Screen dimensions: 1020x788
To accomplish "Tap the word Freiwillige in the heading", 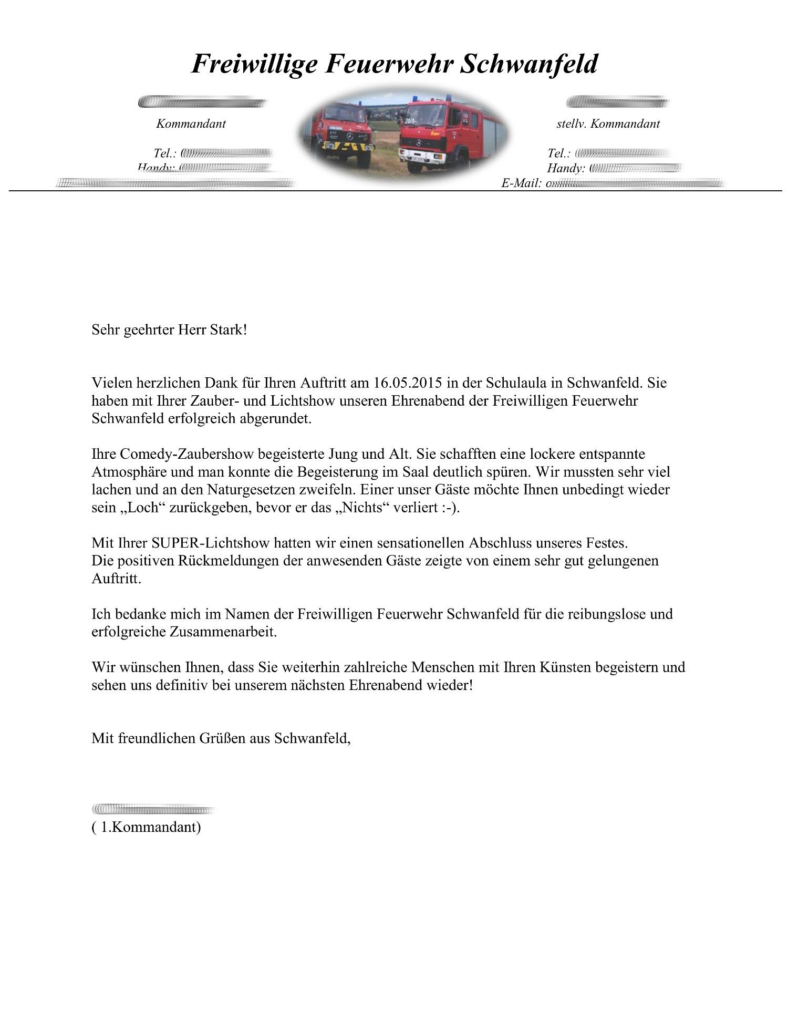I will tap(254, 64).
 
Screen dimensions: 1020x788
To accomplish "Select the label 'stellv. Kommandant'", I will tap(608, 124).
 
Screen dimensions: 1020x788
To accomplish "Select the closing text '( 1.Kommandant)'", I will tap(146, 827).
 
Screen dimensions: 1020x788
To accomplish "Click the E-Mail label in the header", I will tap(521, 183).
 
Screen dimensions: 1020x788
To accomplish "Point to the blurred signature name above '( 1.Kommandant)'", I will tap(154, 809).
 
